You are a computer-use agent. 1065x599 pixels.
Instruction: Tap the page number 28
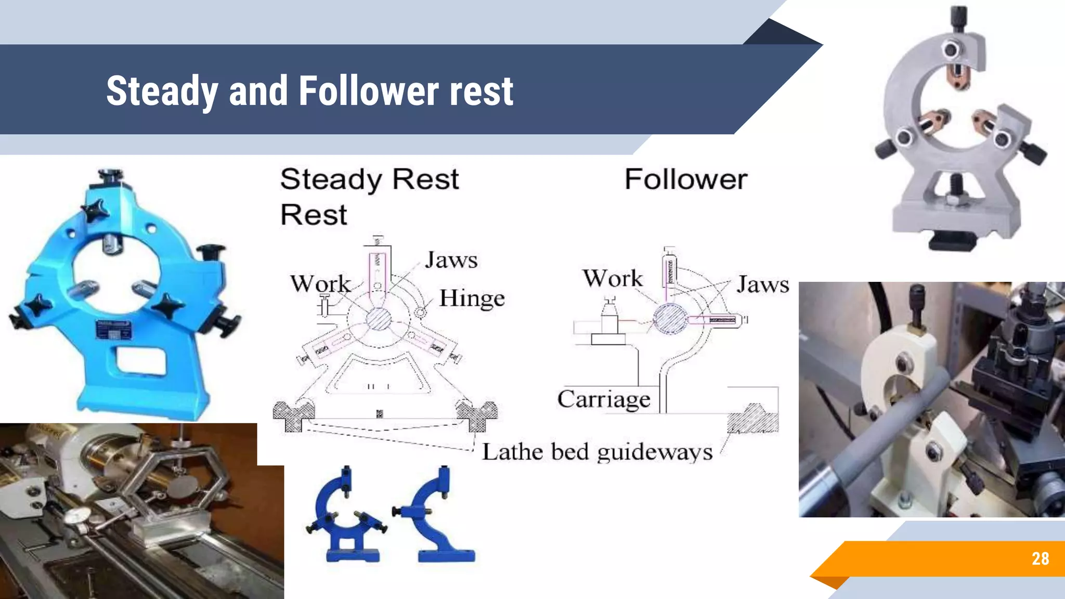pyautogui.click(x=1040, y=558)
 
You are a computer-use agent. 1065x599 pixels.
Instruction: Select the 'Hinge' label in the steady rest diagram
pyautogui.click(x=472, y=298)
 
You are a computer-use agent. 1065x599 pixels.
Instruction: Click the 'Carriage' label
pyautogui.click(x=604, y=399)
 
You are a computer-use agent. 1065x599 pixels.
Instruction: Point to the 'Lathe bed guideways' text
pyautogui.click(x=597, y=451)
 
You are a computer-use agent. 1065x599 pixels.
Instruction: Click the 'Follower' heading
pyautogui.click(x=686, y=179)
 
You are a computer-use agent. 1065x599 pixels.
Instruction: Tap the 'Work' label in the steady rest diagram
pyautogui.click(x=320, y=284)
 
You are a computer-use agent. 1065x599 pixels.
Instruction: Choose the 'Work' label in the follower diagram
pyautogui.click(x=613, y=279)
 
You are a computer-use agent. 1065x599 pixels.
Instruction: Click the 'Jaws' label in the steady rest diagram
pyautogui.click(x=451, y=260)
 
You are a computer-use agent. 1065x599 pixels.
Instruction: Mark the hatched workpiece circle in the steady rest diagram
pyautogui.click(x=378, y=319)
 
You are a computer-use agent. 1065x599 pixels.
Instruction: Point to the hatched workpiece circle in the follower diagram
pyautogui.click(x=670, y=318)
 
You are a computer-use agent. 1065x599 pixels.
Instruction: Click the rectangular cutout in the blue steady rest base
pyautogui.click(x=141, y=361)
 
